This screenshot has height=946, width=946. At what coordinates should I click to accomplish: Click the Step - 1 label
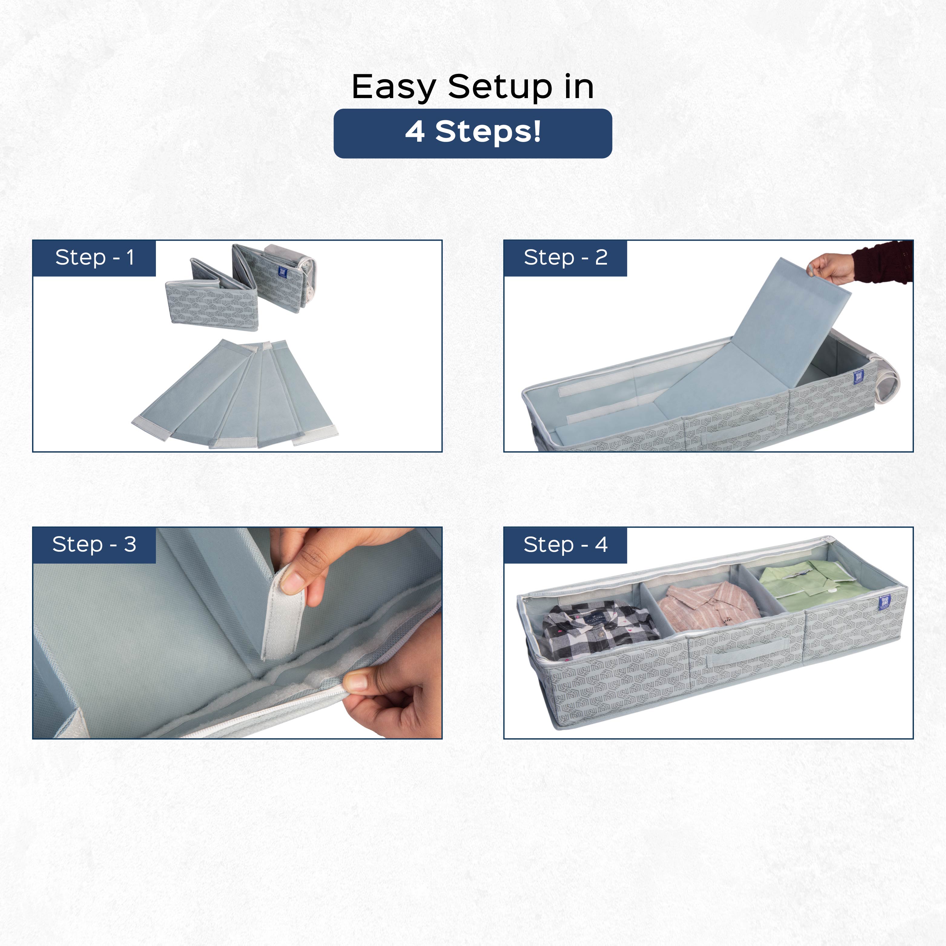coord(94,258)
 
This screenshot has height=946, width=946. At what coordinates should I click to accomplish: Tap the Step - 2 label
coord(565,258)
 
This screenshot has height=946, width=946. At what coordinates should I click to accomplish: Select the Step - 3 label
coord(94,545)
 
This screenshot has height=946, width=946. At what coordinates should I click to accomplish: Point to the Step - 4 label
coord(565,545)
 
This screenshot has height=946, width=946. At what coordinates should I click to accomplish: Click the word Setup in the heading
coord(500,87)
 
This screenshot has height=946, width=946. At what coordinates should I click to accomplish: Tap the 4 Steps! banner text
coord(473,132)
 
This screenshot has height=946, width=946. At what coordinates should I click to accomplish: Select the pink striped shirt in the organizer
coord(707,607)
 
